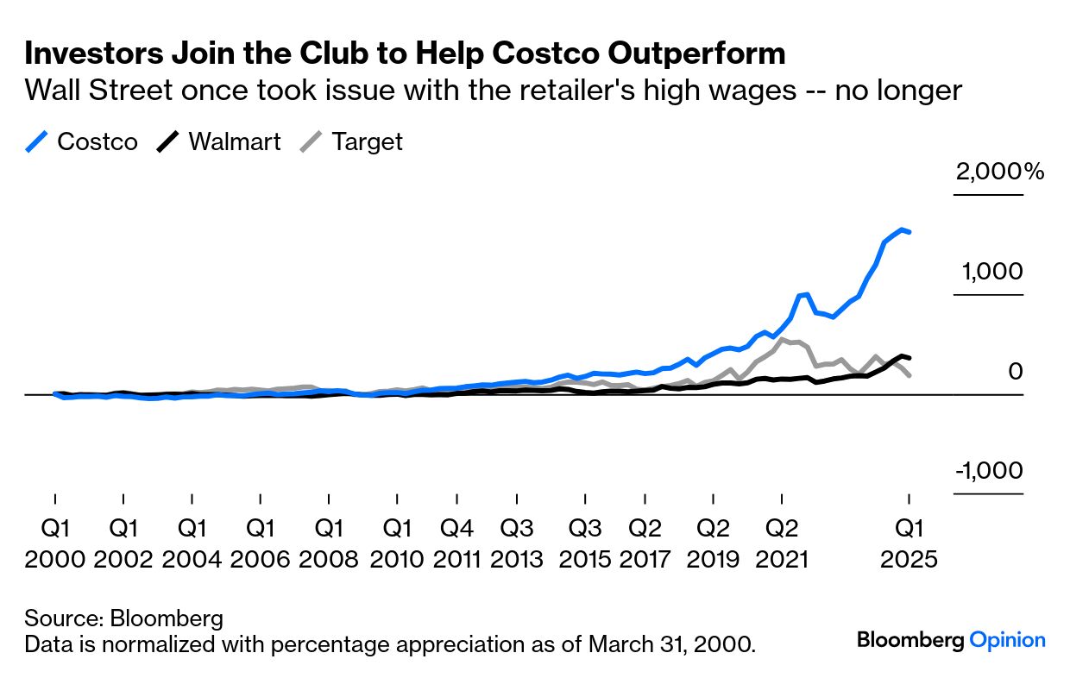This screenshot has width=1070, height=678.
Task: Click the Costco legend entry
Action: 82,141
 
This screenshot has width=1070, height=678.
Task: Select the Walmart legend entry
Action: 219,141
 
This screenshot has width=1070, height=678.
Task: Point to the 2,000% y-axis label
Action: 999,172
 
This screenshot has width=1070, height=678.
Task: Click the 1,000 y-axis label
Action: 992,272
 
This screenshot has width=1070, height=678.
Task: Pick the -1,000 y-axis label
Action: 989,471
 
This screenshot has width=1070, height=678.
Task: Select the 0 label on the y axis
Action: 1016,372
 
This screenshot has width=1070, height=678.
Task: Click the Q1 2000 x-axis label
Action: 55,543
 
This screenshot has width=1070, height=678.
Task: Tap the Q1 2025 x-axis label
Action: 909,543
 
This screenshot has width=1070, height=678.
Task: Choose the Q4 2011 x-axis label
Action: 456,543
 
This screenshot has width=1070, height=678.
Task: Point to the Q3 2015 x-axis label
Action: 584,543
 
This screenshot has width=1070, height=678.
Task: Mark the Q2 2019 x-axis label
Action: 714,543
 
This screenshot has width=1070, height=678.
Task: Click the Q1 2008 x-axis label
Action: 329,543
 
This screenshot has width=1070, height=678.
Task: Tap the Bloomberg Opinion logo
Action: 951,640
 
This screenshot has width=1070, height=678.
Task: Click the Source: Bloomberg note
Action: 124,618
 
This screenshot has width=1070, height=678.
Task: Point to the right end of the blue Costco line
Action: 909,232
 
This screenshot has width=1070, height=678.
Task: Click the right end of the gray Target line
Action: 909,374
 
